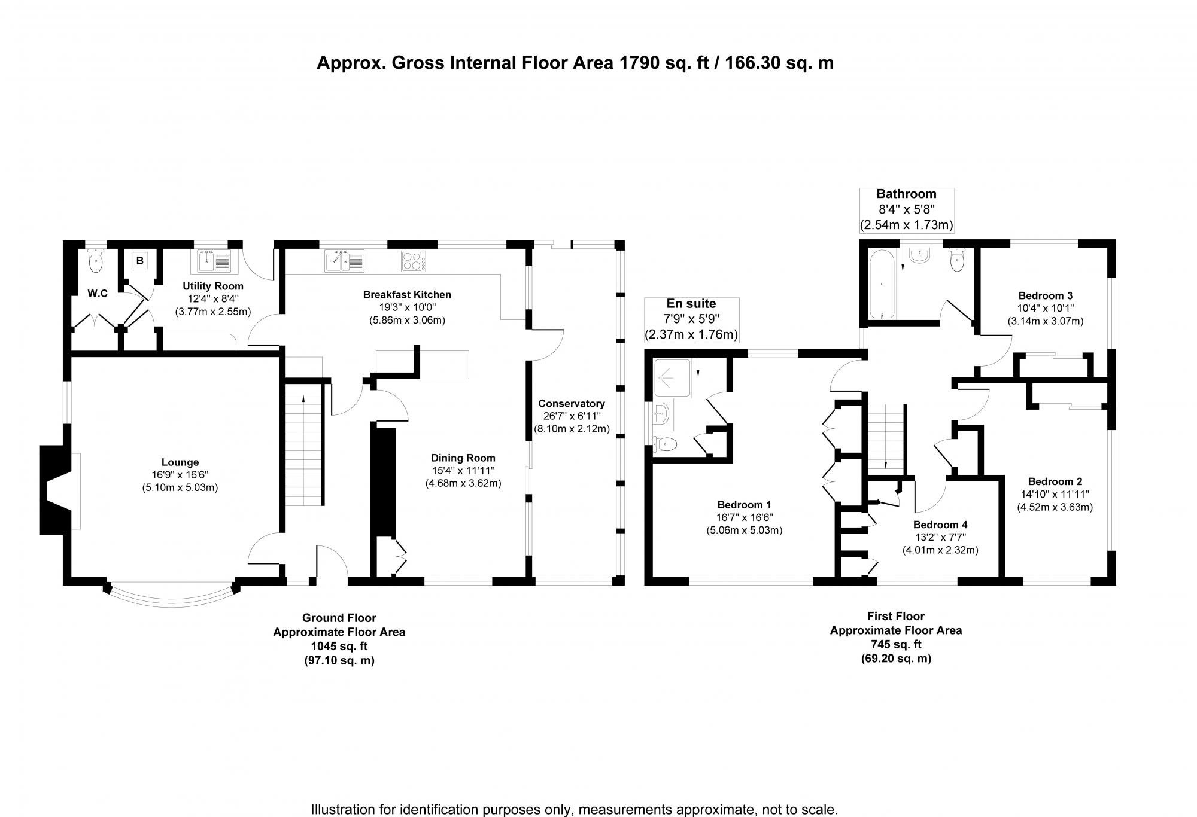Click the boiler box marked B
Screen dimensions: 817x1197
pos(140,261)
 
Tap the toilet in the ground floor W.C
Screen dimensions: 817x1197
pos(96,261)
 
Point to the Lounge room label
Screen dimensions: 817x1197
pos(180,462)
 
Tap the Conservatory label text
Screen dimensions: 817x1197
pos(571,404)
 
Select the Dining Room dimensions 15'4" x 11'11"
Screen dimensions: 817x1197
pos(463,471)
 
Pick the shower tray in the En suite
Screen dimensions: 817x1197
pos(672,378)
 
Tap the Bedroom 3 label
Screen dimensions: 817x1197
pos(1045,295)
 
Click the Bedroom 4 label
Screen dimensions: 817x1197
pos(940,525)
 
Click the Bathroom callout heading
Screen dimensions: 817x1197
pos(906,194)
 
